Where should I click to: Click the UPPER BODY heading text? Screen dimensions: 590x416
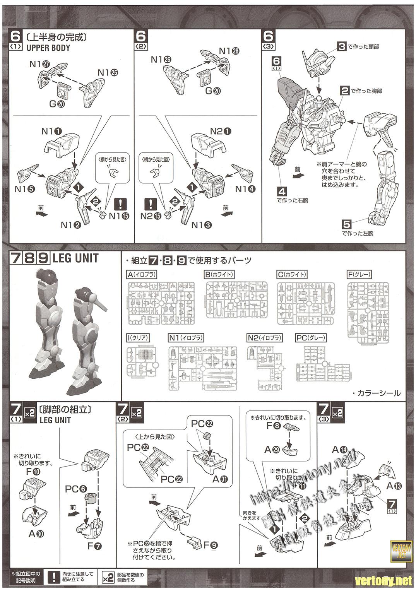[48, 48]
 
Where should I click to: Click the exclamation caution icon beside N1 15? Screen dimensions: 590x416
[121, 204]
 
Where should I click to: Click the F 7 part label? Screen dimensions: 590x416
[94, 546]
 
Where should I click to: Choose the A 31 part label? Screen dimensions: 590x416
[220, 479]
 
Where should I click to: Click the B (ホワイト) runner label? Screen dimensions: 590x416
[219, 275]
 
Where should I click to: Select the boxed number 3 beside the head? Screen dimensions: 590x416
[341, 47]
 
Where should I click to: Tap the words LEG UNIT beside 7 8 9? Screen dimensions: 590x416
[75, 258]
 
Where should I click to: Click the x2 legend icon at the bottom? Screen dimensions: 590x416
[108, 578]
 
